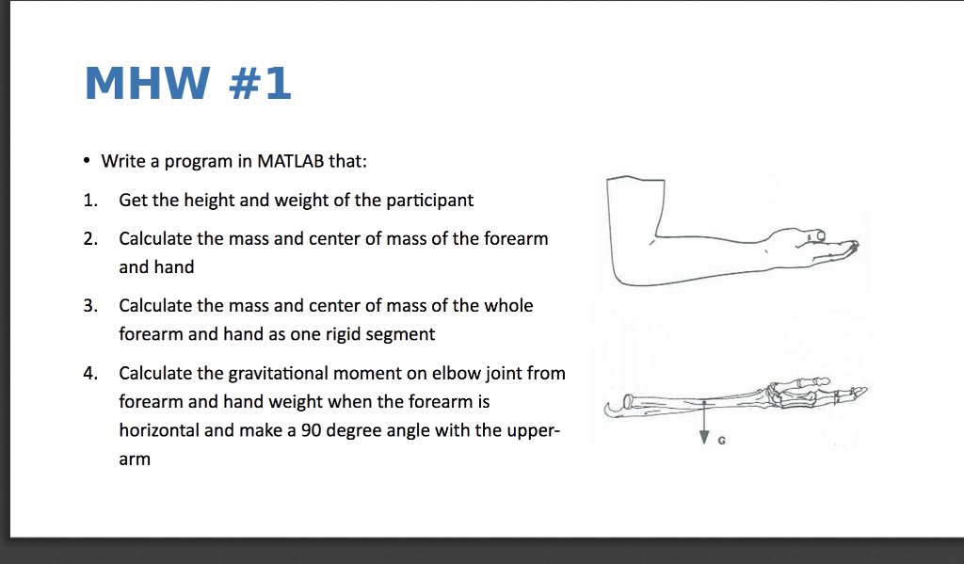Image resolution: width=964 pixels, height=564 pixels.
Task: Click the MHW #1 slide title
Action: (x=187, y=84)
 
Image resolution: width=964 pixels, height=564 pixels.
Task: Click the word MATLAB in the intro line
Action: (x=290, y=161)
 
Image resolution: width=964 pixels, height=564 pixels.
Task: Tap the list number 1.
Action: (x=88, y=200)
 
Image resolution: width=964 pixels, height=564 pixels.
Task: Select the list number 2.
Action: (x=88, y=238)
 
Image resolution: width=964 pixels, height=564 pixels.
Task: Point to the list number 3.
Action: (x=88, y=305)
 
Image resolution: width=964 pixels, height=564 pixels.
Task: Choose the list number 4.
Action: (x=88, y=373)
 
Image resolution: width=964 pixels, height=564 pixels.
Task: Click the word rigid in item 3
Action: (x=348, y=334)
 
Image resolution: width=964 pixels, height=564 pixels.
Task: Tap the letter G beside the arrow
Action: (x=721, y=442)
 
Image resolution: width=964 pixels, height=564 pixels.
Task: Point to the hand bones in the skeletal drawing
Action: (x=810, y=393)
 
